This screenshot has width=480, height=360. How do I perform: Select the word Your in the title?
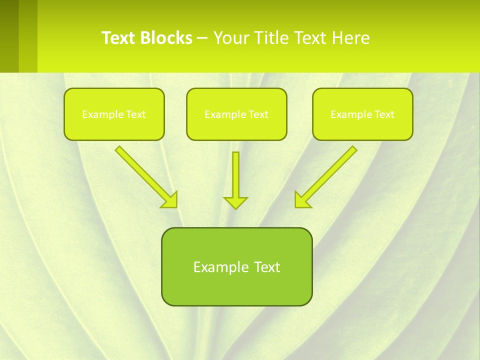[231, 38]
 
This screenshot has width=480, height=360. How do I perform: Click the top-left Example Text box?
[114, 114]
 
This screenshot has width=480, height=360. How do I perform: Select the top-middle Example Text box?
[236, 114]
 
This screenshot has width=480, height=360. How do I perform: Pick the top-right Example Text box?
[362, 114]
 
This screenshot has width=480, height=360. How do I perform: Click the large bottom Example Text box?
[236, 266]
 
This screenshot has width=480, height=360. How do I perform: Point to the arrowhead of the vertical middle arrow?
[235, 202]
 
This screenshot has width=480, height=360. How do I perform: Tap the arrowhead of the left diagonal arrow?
[170, 200]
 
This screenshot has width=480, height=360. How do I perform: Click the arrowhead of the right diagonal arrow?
[302, 200]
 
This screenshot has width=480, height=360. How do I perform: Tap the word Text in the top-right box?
[384, 114]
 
